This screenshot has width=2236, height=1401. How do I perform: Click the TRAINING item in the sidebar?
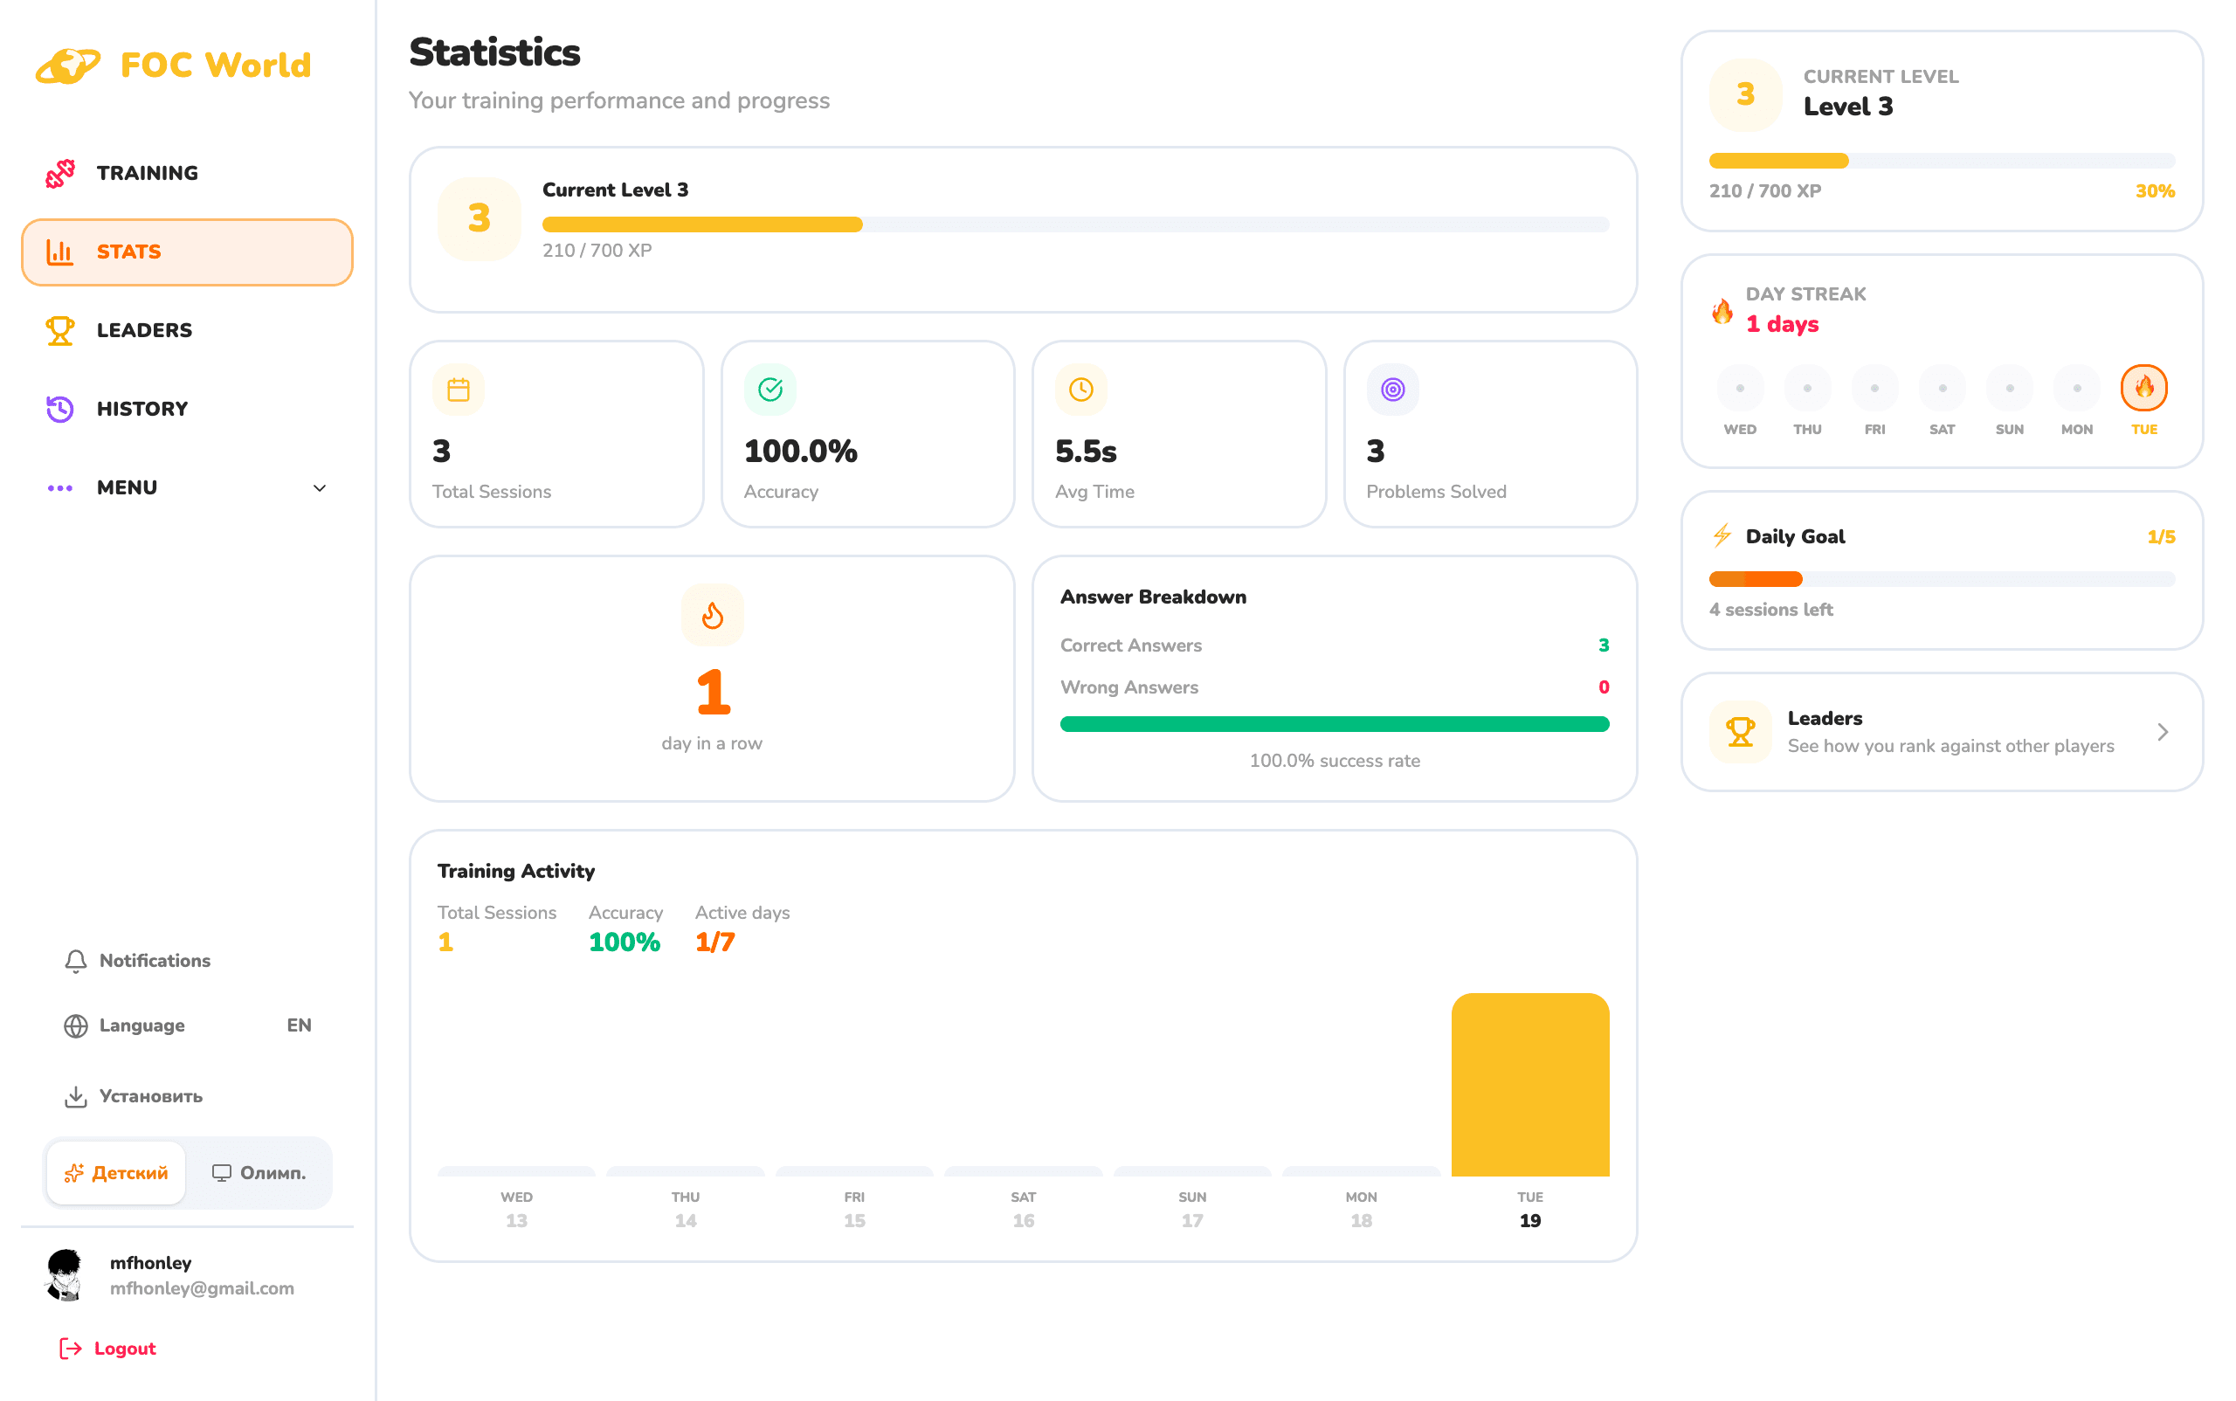pos(147,173)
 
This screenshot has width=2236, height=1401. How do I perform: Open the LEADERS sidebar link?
pos(143,331)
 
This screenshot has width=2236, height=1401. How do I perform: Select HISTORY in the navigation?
pos(141,410)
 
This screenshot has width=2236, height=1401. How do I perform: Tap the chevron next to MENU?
pos(320,488)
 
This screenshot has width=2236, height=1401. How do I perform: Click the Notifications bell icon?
pos(76,961)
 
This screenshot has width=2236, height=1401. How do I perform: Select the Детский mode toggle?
pos(117,1173)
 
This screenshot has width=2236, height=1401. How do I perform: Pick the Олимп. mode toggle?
pos(259,1173)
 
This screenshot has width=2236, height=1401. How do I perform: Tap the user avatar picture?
pos(65,1275)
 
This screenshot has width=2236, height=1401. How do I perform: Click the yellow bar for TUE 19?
pos(1530,1085)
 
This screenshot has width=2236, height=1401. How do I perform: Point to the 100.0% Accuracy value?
pos(801,452)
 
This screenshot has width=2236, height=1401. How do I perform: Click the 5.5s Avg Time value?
pos(1086,452)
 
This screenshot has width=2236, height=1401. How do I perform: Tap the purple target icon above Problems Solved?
pos(1393,390)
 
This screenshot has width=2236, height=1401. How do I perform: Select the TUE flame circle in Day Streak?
pos(2144,388)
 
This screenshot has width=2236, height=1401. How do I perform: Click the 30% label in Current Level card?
pos(2156,191)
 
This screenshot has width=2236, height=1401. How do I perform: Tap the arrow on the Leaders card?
pos(2163,733)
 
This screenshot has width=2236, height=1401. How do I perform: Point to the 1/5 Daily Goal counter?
pos(2161,537)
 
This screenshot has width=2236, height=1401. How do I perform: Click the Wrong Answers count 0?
pos(1604,687)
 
